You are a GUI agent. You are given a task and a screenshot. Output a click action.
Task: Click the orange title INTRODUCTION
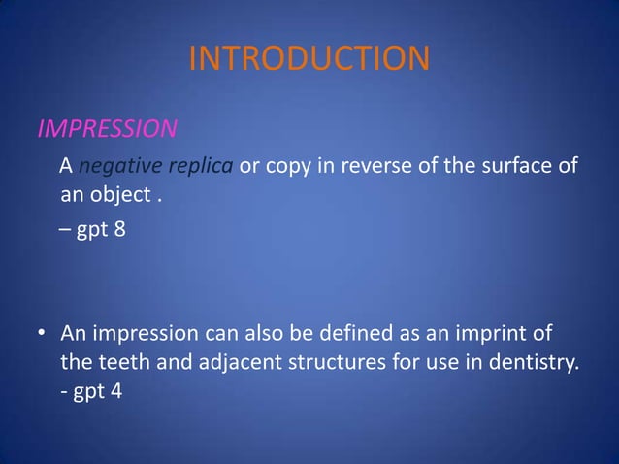click(x=308, y=58)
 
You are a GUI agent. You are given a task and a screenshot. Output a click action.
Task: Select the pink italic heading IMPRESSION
click(x=107, y=129)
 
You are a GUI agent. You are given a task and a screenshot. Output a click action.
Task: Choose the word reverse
click(x=378, y=166)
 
